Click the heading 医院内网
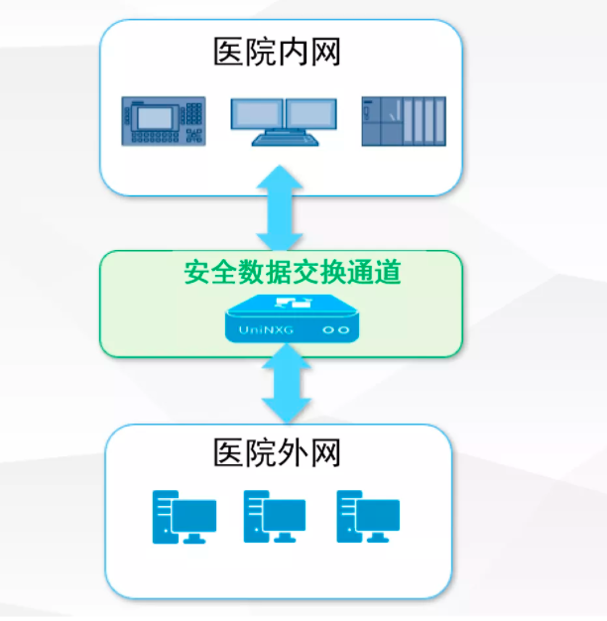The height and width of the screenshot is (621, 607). (x=278, y=52)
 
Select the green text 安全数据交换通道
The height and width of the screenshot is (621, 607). (x=294, y=272)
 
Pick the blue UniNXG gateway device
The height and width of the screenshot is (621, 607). (x=293, y=317)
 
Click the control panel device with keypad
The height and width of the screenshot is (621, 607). (x=164, y=121)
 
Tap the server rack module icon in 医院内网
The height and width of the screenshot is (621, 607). (x=403, y=121)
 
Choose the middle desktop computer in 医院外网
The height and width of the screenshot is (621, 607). (x=275, y=516)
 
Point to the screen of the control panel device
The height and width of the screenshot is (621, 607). (x=158, y=116)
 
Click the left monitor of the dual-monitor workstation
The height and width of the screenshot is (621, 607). (x=257, y=113)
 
